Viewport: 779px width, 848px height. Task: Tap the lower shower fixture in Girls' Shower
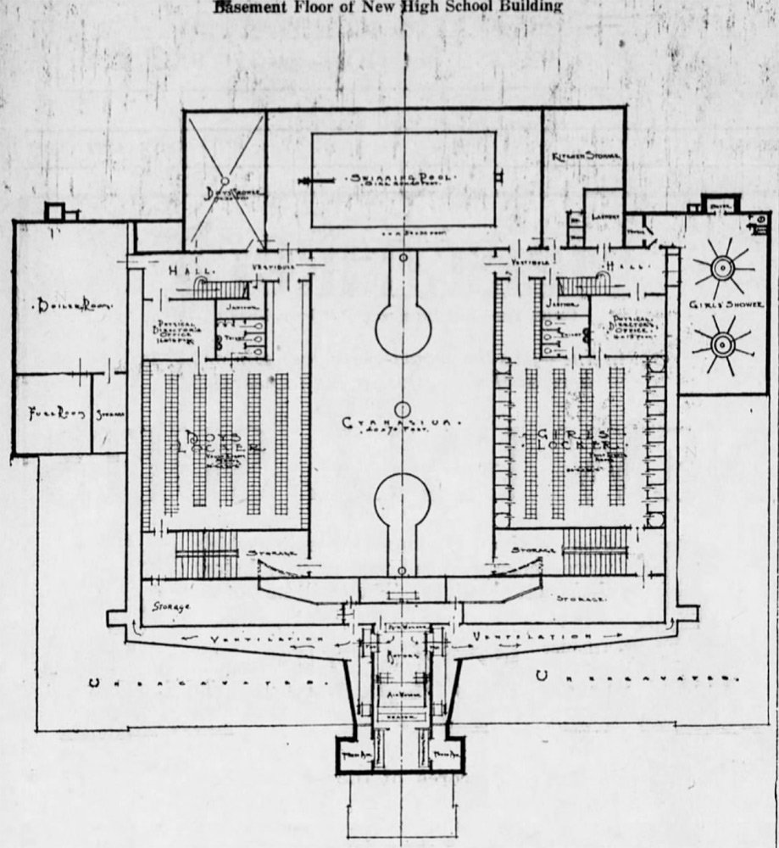(721, 345)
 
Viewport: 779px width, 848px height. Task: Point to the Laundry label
(604, 215)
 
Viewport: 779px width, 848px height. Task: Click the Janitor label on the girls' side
(557, 303)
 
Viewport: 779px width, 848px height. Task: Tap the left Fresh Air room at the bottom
(350, 755)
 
